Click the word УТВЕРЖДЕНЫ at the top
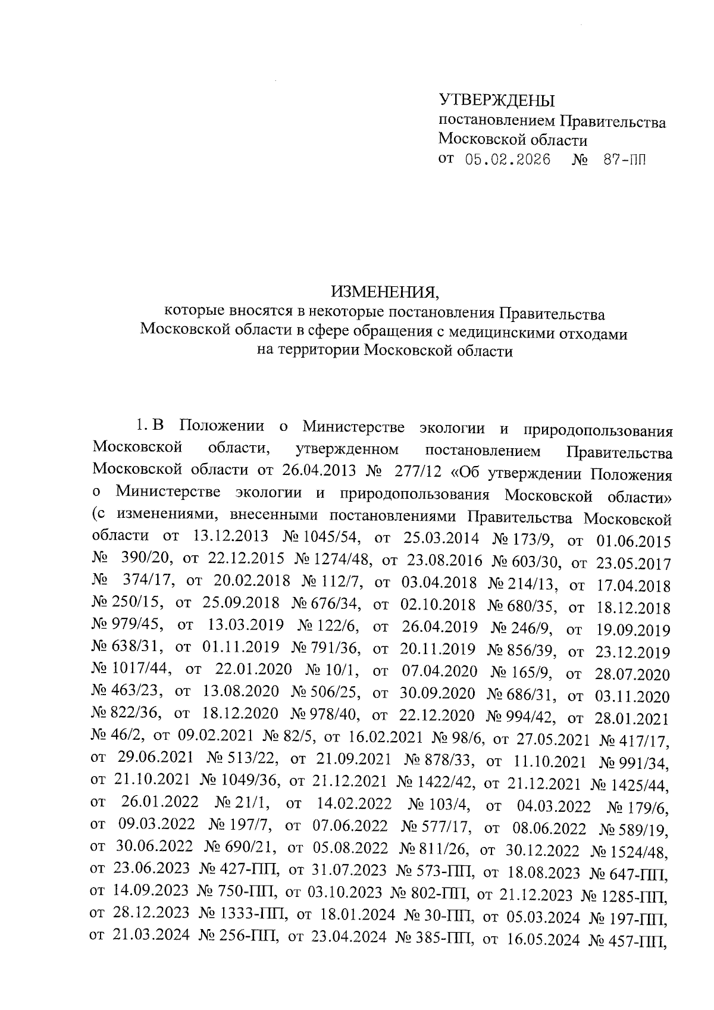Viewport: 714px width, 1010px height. (496, 99)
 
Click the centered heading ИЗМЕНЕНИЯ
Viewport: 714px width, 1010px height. (384, 293)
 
